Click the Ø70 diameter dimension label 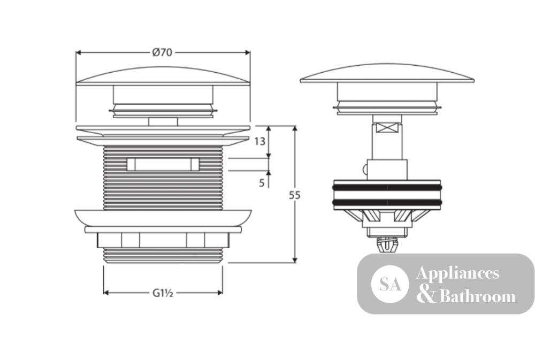[x=163, y=52]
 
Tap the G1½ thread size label [x=163, y=293]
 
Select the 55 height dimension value [x=295, y=195]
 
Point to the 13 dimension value [x=259, y=141]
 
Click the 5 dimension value [x=262, y=183]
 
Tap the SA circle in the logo [x=390, y=284]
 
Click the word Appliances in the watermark [x=457, y=273]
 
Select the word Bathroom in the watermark [x=477, y=296]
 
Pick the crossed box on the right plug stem [x=387, y=128]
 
